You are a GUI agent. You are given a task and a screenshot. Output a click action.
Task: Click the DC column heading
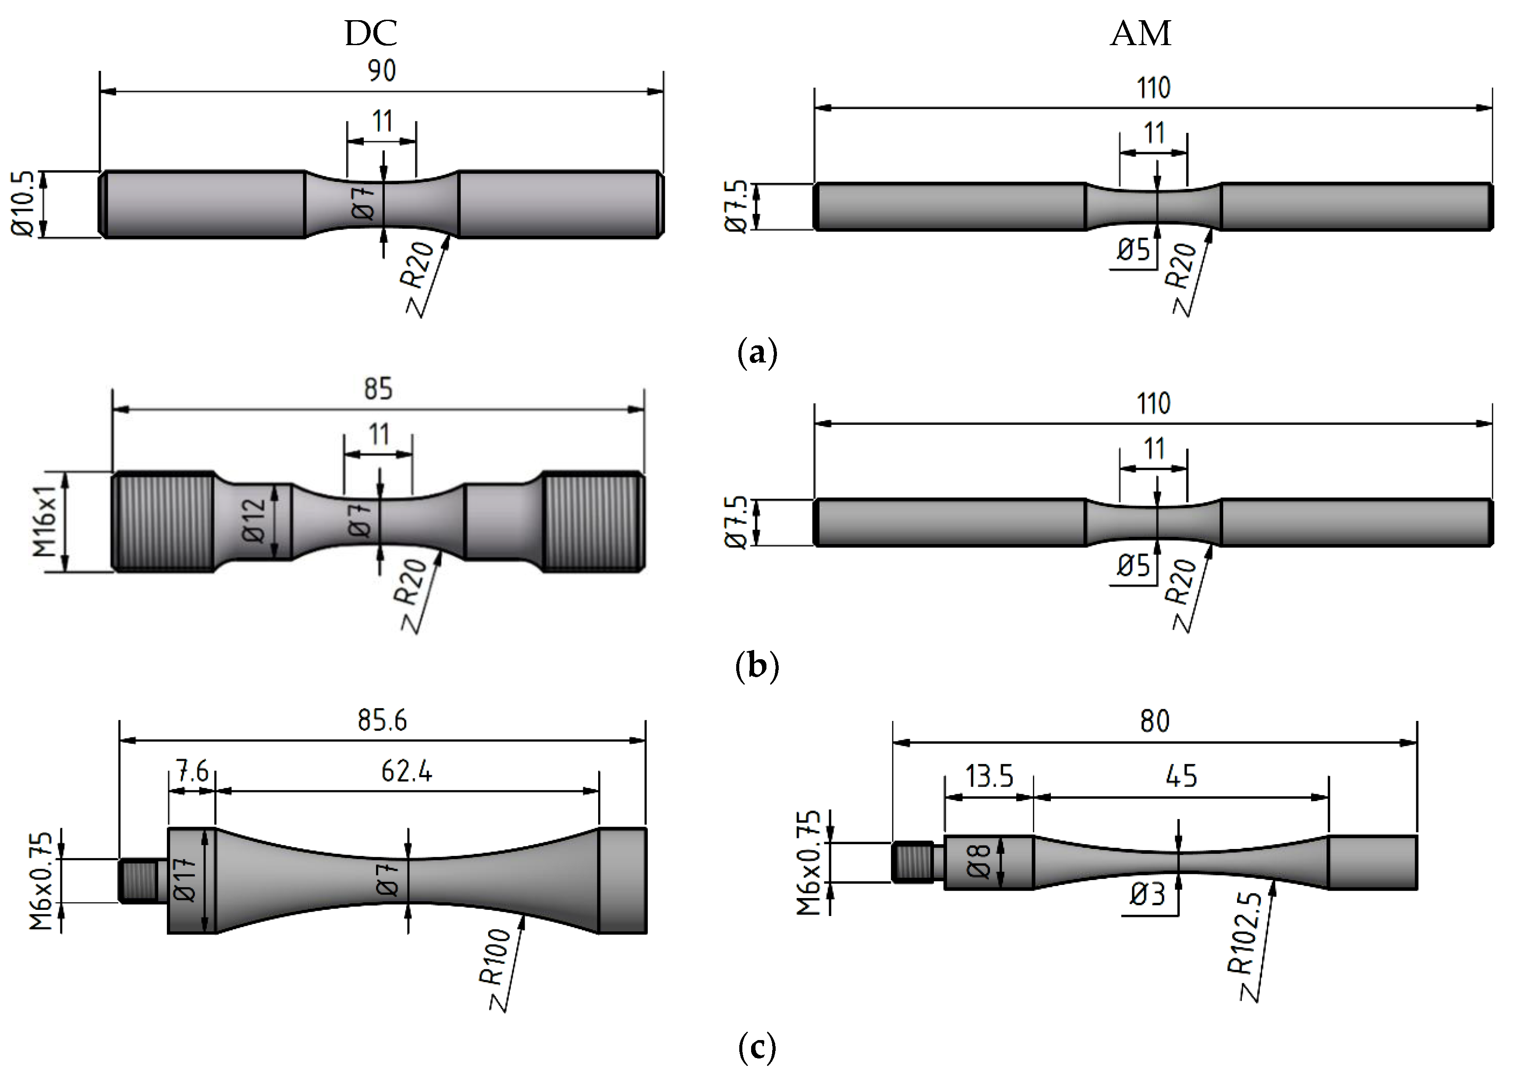(371, 33)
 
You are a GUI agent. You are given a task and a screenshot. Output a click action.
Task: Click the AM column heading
(1140, 33)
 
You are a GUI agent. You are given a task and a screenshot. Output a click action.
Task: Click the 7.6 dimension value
(192, 772)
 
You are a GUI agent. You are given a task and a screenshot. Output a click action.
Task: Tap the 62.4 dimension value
(407, 772)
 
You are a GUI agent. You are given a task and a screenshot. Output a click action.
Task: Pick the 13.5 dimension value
(989, 776)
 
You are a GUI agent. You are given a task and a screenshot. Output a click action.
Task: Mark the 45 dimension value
(1181, 776)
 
